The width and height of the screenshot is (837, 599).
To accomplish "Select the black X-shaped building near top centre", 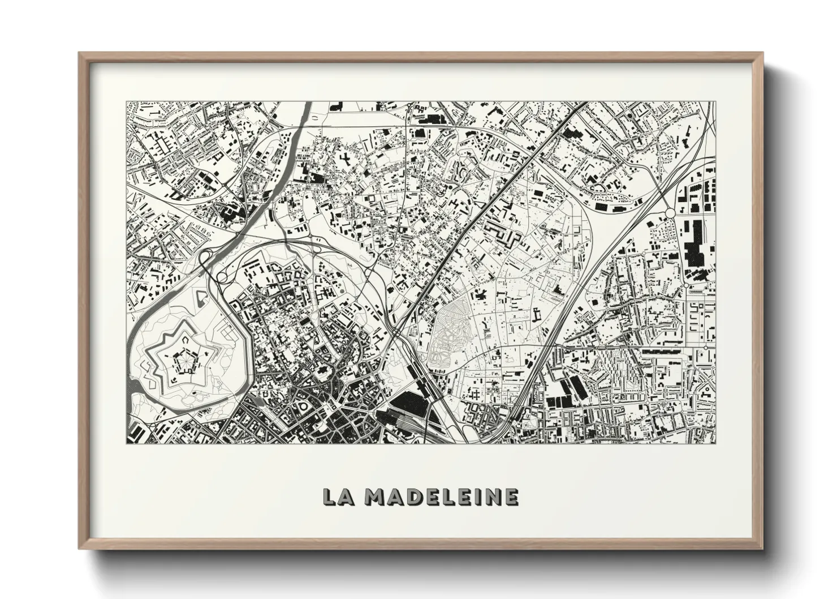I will point(344,160).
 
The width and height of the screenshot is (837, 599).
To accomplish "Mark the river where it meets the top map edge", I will point(308,104).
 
